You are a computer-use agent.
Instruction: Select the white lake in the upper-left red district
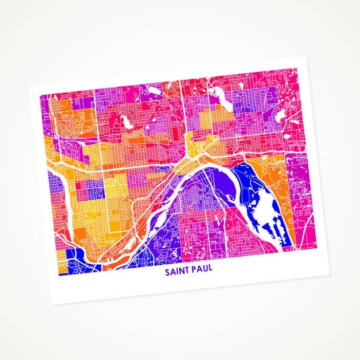(123, 122)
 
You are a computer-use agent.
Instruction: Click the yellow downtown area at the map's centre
(195, 154)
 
